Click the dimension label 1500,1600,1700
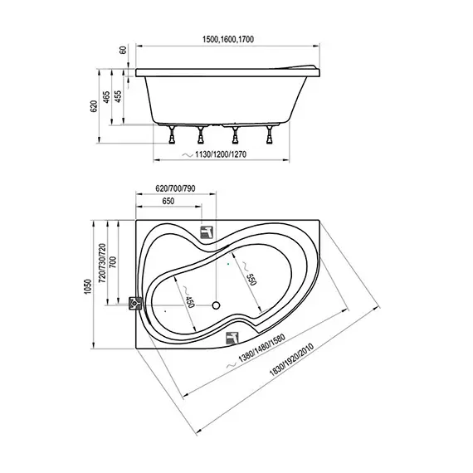227,40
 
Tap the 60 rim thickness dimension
124,50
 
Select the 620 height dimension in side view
94,106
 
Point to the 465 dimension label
106,97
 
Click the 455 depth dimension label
118,96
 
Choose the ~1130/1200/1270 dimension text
214,154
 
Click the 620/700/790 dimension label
175,188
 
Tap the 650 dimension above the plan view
168,201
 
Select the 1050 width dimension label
88,287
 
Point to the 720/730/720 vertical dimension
103,263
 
